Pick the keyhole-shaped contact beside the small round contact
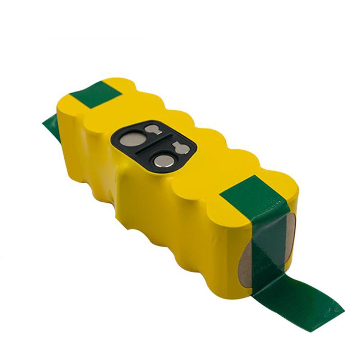(x=180, y=148)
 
